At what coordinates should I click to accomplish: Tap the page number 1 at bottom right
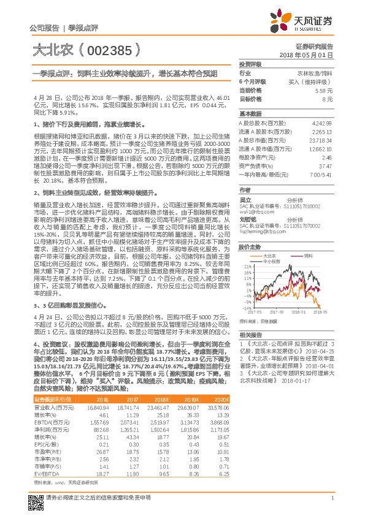[x=332, y=498]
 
